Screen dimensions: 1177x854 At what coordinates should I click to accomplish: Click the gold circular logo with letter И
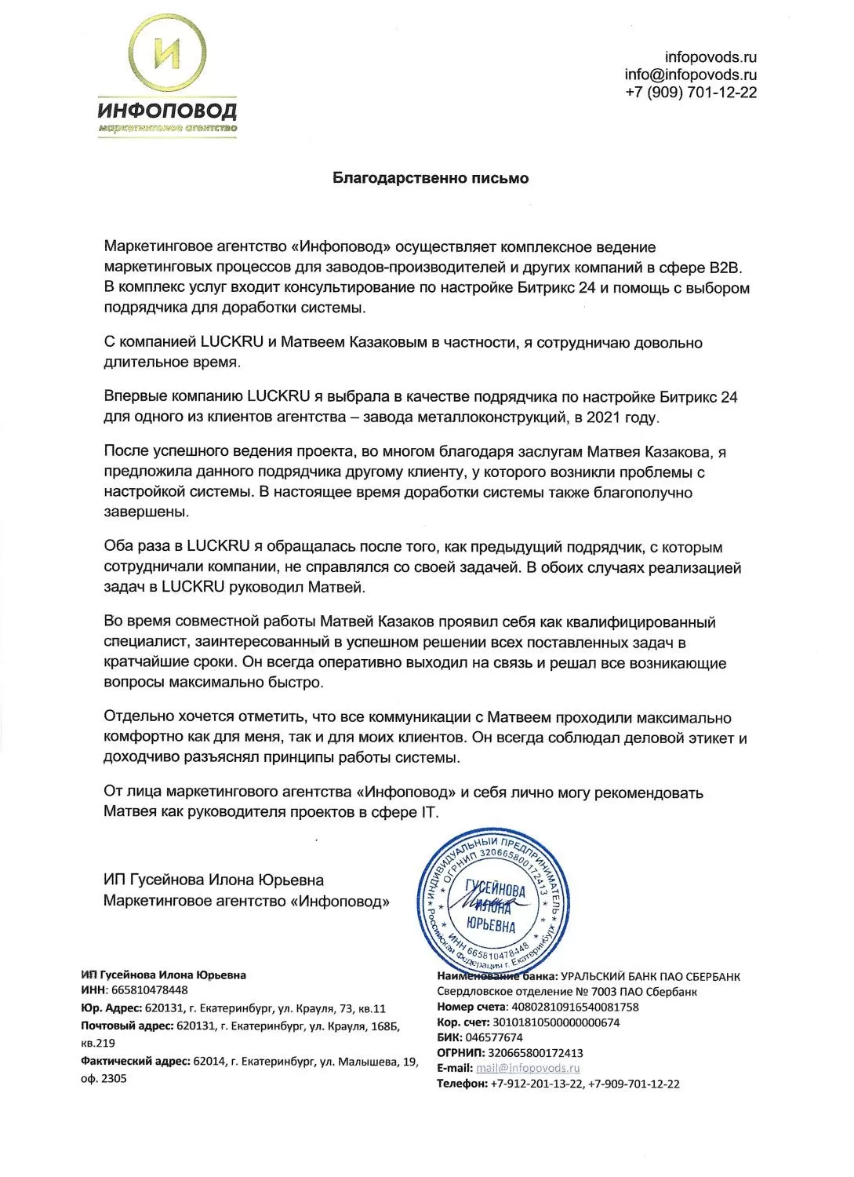tap(168, 55)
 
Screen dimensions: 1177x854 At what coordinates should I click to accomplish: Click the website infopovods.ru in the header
tap(710, 57)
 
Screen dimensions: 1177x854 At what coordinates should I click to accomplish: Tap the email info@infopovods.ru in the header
tap(690, 75)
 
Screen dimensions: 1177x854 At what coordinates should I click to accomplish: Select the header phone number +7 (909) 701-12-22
tap(691, 93)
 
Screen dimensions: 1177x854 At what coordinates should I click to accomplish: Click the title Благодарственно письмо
tap(431, 178)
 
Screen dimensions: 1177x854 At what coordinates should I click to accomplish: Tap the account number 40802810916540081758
tap(574, 1007)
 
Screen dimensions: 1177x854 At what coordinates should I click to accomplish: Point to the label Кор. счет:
tap(462, 1022)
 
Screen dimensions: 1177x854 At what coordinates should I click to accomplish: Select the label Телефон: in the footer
tap(462, 1084)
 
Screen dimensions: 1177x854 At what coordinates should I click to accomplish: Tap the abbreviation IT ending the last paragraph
tap(430, 812)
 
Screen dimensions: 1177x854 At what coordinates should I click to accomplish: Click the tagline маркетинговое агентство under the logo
tap(167, 127)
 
